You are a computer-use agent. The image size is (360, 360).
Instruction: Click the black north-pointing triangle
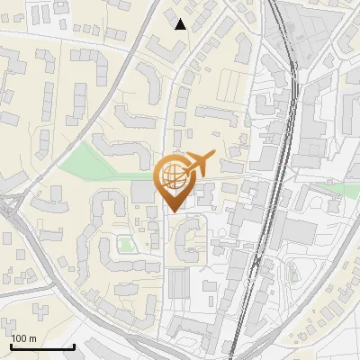tap(181, 24)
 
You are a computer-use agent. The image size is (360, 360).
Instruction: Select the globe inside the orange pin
tap(171, 175)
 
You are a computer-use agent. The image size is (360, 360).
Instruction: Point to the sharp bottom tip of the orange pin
tap(171, 212)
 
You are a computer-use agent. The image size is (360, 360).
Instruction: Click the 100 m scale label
tap(23, 338)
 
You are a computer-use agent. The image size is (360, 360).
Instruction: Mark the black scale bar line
tap(42, 346)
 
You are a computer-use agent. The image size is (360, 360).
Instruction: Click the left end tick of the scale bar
tap(11, 345)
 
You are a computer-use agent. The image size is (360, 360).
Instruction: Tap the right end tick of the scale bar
tap(74, 345)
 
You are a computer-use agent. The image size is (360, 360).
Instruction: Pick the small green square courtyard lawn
tap(127, 243)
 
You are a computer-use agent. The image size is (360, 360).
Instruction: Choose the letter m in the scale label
tap(32, 338)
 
